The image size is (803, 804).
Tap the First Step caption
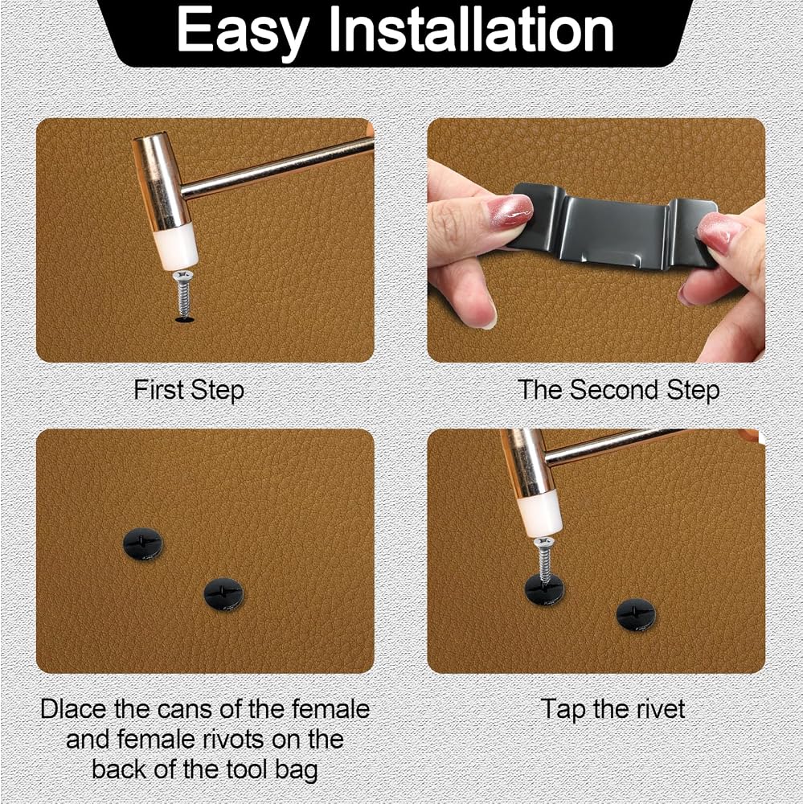[189, 390]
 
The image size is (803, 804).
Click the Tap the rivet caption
[612, 710]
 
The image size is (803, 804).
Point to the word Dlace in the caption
[74, 709]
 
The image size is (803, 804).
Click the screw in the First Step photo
[182, 296]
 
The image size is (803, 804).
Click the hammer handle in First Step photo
[277, 167]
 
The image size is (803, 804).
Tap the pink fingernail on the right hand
[720, 231]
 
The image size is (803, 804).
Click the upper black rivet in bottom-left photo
[143, 544]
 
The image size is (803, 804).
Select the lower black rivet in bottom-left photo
[223, 594]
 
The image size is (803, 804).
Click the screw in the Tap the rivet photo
[543, 560]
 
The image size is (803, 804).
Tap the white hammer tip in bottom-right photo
[539, 515]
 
